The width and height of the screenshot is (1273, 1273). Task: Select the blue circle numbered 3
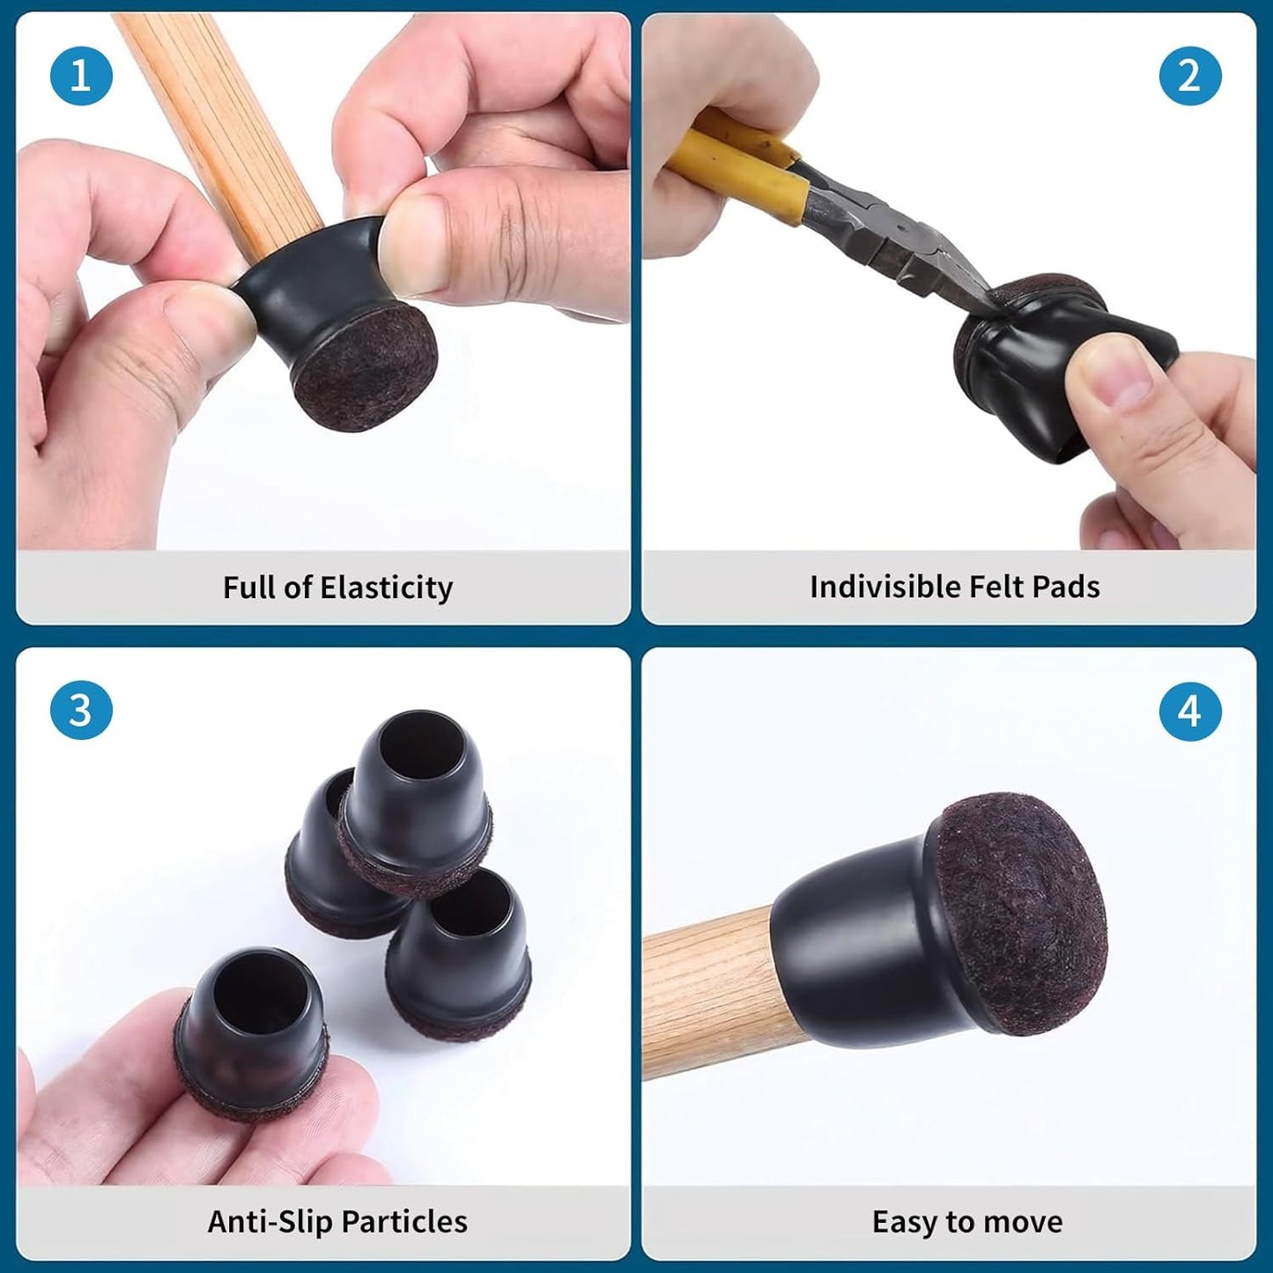coord(81,710)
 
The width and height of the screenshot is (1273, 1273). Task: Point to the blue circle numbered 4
coord(1190,712)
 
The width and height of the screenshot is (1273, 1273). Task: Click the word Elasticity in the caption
coord(387,588)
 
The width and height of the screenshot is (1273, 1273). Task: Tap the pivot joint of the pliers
coord(902,229)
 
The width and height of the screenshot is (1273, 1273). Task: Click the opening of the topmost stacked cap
coord(421,744)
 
